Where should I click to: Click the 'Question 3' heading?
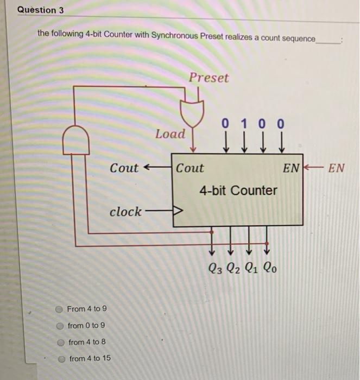(x=37, y=10)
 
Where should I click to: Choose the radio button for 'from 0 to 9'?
(x=60, y=326)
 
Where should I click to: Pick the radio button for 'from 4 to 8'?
(x=61, y=342)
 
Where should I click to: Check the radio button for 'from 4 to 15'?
(x=62, y=359)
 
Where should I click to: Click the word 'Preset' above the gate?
(x=209, y=78)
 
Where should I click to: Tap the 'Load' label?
(x=170, y=134)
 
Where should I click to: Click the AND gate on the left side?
(x=77, y=140)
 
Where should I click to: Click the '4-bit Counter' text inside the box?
(x=238, y=191)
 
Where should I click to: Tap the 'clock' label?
(x=125, y=211)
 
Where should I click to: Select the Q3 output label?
(x=215, y=268)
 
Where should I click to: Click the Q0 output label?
(x=269, y=268)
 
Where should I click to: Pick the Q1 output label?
(x=251, y=268)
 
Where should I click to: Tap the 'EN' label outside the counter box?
(x=337, y=167)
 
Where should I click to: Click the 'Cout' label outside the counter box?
(x=124, y=168)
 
